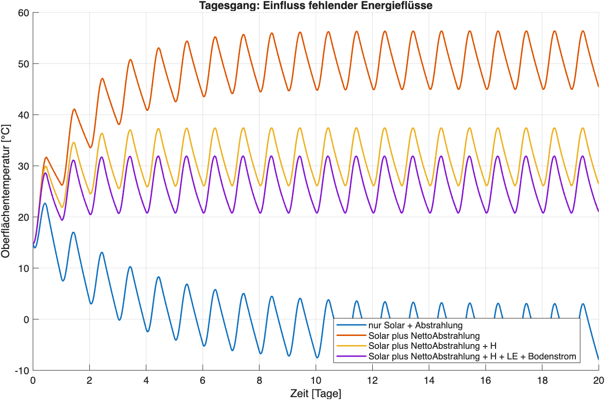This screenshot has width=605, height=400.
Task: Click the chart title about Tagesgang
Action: pos(316,5)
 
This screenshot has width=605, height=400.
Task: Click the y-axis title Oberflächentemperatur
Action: pos(5,191)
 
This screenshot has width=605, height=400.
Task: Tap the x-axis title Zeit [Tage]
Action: pos(316,393)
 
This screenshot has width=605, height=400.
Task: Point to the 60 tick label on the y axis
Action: pos(23,13)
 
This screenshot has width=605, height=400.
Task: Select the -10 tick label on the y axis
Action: pos(22,370)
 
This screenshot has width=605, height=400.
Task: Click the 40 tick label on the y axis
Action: pos(23,115)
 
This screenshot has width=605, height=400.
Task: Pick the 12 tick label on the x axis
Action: pos(372,380)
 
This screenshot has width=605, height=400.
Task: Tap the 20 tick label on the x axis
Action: pos(598,380)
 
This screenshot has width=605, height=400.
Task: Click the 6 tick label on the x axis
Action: pos(203,380)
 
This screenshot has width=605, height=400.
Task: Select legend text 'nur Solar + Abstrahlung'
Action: pos(415,325)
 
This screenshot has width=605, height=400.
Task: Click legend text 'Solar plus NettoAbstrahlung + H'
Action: pos(432,346)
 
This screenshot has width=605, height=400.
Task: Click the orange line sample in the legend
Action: pos(351,335)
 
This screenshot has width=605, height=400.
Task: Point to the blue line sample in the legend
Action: pos(351,325)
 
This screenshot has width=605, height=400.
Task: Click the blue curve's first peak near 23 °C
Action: pos(45,204)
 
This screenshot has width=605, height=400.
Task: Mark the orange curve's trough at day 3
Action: pos(119,124)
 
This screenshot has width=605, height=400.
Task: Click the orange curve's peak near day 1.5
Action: pos(74,109)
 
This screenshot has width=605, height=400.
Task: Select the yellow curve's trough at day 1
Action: pos(62,207)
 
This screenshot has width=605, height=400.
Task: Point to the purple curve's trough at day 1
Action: pos(62,220)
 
